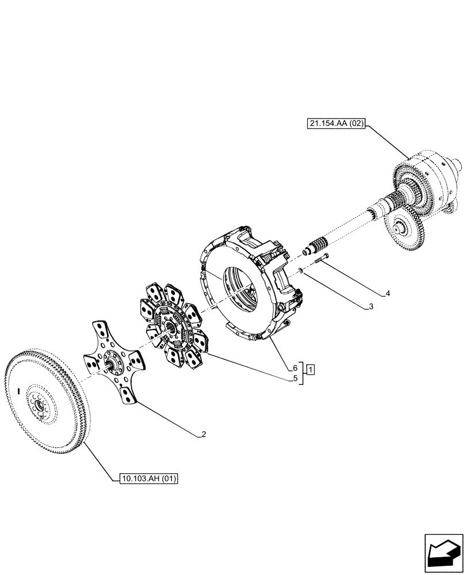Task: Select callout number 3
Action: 371,307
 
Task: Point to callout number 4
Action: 388,293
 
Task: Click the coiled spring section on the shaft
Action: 318,241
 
